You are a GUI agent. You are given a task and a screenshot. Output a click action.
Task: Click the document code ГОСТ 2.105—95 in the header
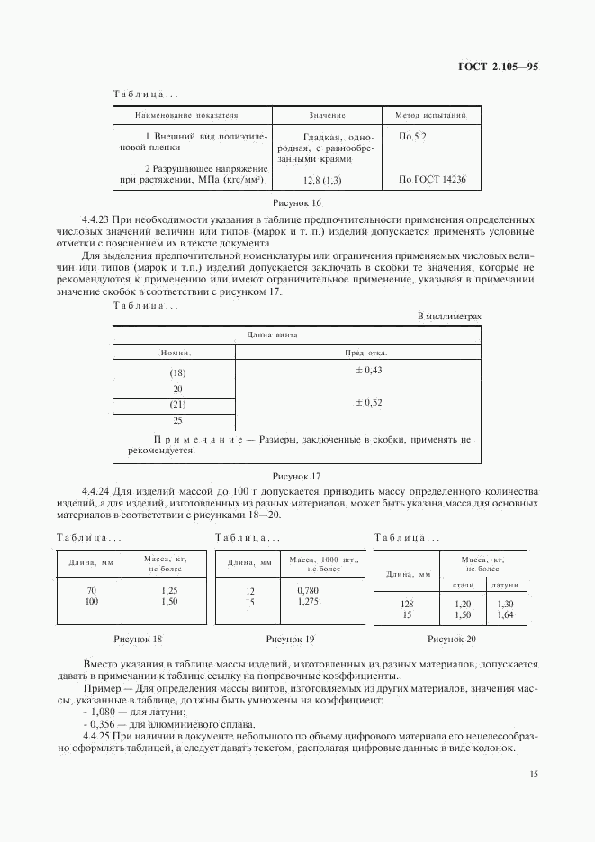pyautogui.click(x=499, y=67)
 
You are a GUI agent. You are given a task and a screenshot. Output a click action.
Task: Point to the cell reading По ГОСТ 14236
pyautogui.click(x=432, y=180)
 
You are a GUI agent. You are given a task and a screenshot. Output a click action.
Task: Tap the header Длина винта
pyautogui.click(x=272, y=335)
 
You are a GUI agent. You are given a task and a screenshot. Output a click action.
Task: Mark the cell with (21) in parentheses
pyautogui.click(x=177, y=405)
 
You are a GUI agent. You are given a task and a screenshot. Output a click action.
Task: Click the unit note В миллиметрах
pyautogui.click(x=450, y=317)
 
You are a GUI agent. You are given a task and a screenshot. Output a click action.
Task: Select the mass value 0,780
pyautogui.click(x=307, y=590)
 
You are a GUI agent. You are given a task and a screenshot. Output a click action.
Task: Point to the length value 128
pyautogui.click(x=406, y=605)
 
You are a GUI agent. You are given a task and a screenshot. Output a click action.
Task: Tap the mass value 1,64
pyautogui.click(x=505, y=614)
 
